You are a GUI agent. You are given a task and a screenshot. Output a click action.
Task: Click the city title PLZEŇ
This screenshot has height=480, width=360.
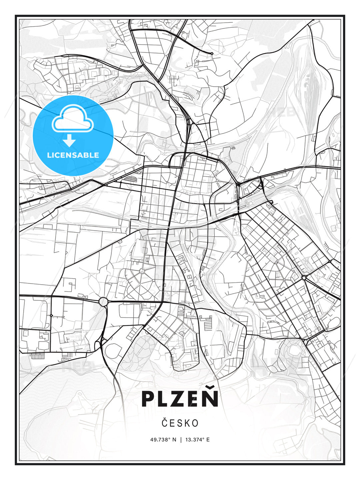(x=180, y=398)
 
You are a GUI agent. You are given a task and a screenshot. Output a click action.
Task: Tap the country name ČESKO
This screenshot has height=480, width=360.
(x=180, y=423)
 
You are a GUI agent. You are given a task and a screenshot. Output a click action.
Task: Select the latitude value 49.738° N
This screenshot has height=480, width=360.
(x=163, y=440)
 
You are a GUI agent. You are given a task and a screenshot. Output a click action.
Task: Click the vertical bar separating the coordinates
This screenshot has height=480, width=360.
(x=181, y=440)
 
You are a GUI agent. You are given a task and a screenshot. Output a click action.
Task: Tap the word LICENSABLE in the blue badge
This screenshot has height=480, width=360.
(x=73, y=155)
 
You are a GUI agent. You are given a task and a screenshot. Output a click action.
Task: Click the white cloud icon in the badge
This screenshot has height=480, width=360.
(x=73, y=119)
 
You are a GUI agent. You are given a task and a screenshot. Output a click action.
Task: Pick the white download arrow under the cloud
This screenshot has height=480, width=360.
(x=69, y=141)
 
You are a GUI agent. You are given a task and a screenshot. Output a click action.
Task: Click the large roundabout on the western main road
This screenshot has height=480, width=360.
(x=103, y=302)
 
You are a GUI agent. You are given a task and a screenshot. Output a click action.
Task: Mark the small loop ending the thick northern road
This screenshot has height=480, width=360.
(x=212, y=53)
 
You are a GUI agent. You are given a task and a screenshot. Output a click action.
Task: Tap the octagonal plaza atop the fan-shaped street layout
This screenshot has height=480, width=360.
(x=142, y=271)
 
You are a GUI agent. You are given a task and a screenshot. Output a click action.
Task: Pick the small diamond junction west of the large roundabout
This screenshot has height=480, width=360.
(x=51, y=315)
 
